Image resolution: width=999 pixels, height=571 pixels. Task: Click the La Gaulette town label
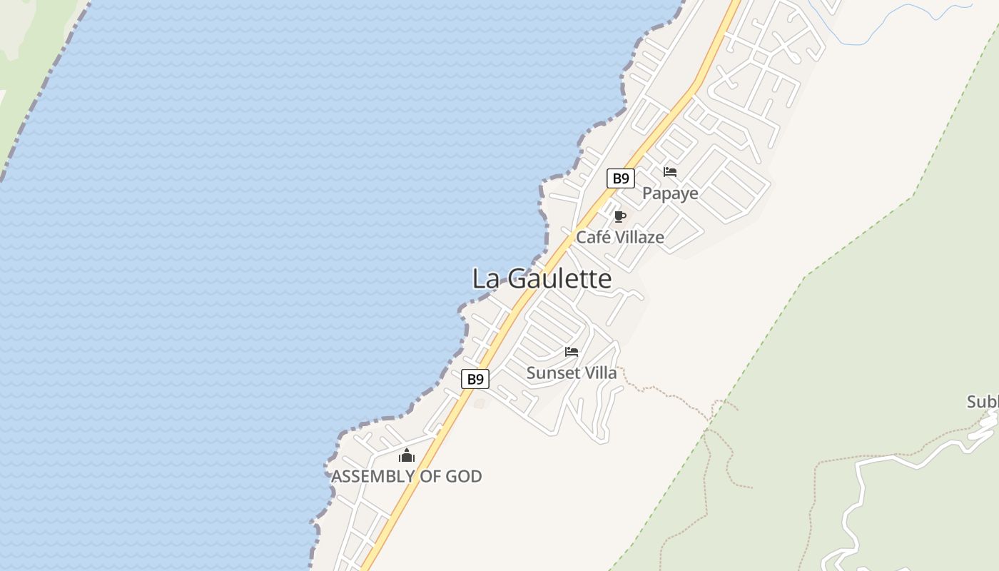(542, 279)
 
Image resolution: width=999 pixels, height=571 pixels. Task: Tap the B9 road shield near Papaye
(621, 178)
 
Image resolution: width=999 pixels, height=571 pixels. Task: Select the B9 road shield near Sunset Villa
(475, 379)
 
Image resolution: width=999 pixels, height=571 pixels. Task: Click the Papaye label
(670, 193)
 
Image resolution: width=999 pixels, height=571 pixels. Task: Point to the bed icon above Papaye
(670, 172)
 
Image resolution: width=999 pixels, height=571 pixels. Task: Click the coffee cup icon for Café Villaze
(619, 216)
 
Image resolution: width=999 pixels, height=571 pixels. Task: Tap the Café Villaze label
(619, 238)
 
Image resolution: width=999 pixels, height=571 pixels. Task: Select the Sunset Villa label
(571, 373)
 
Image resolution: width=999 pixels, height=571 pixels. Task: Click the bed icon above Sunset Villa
(572, 352)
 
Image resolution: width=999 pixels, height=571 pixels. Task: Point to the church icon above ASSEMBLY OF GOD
(407, 455)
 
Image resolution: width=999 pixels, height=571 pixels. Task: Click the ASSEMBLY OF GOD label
(406, 476)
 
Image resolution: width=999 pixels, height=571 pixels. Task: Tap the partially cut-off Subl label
(983, 402)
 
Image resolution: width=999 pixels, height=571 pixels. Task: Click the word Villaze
(639, 238)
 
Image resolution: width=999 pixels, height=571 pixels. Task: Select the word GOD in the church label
(464, 476)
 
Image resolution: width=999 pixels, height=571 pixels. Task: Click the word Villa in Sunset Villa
(600, 373)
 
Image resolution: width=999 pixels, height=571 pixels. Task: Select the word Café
(594, 238)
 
